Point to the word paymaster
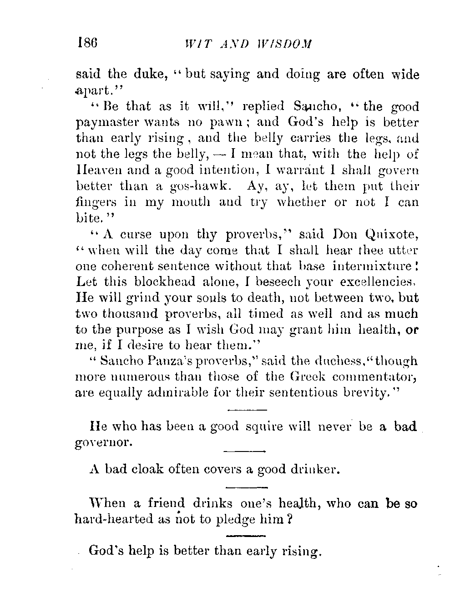coord(110,123)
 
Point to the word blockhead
coord(167,282)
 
